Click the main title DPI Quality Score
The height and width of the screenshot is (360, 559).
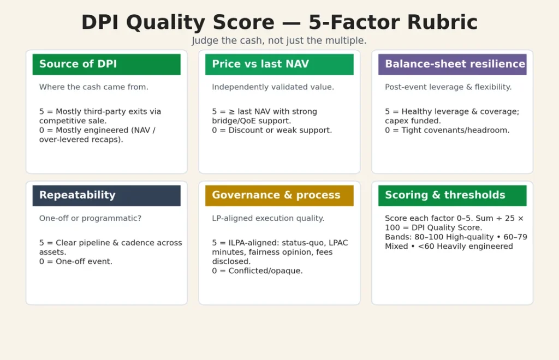279,22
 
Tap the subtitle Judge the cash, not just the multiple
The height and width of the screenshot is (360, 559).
279,41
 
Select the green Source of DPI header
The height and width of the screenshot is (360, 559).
106,64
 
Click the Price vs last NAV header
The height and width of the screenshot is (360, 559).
279,64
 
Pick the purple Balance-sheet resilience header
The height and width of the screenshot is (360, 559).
452,64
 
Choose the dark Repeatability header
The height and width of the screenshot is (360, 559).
106,195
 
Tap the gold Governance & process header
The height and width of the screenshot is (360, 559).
279,195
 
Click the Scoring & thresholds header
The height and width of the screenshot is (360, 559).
452,195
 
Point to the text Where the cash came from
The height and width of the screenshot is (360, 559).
93,87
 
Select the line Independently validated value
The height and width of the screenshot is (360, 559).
273,87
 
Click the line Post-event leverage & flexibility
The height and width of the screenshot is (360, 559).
448,87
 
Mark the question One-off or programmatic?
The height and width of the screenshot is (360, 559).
90,218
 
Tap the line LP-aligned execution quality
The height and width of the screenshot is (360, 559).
268,218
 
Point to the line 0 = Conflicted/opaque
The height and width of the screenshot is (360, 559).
257,271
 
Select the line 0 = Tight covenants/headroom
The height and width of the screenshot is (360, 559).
447,130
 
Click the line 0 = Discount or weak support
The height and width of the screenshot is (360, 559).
272,130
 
